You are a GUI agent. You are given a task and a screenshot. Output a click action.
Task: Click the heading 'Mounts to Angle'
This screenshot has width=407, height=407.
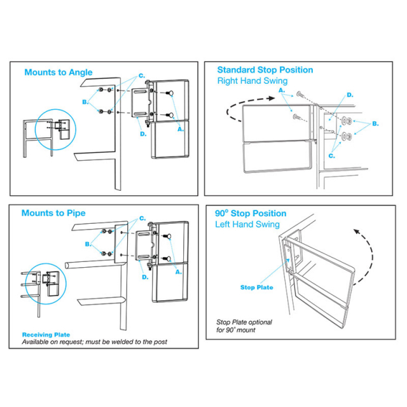point(59,72)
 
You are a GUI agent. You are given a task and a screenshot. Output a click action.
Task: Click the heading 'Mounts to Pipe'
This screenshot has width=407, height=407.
point(53,213)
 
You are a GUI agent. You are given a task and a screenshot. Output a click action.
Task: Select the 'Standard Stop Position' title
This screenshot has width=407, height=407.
point(265,70)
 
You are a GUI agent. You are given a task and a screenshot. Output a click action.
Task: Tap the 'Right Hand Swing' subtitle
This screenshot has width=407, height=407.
point(252,81)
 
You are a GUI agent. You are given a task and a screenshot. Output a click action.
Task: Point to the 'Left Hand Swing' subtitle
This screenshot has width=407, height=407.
point(247,224)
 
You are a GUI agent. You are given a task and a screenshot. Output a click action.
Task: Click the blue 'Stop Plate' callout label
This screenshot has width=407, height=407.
point(257,287)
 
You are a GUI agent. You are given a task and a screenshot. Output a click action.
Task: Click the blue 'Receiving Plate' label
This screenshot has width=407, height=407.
point(46,335)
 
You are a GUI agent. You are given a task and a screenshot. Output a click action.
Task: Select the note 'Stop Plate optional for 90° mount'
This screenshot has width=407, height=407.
point(244,326)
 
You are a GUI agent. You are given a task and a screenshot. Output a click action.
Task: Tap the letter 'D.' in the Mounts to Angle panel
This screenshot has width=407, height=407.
point(143,134)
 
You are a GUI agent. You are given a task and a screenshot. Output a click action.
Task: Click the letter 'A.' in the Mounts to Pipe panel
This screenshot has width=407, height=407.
point(178,272)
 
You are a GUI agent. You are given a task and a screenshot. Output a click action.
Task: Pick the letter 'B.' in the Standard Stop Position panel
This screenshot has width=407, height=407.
point(375,124)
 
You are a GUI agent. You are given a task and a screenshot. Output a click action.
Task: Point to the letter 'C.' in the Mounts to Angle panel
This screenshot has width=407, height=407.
point(141,76)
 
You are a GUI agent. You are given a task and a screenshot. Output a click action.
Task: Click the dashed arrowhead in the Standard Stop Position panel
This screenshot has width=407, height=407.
point(272,99)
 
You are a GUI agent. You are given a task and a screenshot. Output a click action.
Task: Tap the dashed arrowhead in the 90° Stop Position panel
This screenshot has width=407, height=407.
point(357,231)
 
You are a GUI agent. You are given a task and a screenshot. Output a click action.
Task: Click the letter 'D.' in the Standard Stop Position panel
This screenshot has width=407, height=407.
point(350,95)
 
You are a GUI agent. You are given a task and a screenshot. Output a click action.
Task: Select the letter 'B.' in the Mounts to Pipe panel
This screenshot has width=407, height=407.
point(88,244)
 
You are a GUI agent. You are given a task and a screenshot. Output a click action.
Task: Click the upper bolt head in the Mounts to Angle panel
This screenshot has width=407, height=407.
point(171,93)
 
